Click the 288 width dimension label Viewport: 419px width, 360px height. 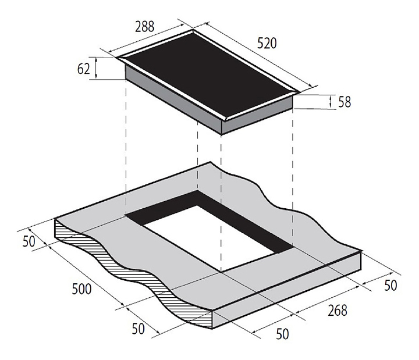pos(144,26)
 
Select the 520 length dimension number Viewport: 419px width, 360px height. pos(267,43)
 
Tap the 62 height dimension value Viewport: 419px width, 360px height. pos(83,69)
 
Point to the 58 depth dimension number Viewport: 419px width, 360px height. pos(345,102)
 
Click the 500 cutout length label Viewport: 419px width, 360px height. pos(82,288)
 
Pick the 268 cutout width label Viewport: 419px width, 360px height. pos(337,311)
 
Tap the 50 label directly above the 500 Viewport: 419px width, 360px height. pos(29,241)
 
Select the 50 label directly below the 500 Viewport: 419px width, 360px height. pos(139,329)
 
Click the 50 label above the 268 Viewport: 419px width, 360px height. pos(390,285)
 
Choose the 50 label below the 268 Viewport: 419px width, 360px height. pos(282,334)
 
